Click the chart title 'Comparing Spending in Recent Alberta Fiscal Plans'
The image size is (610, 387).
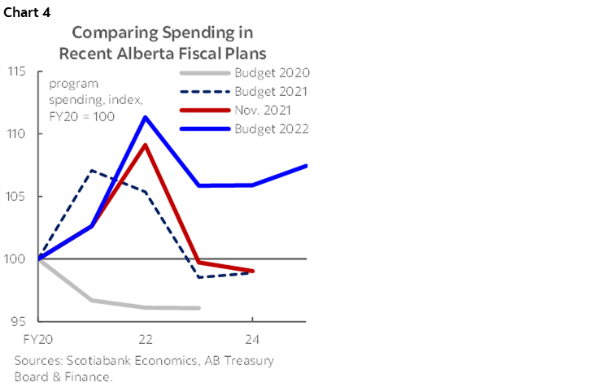coord(163,41)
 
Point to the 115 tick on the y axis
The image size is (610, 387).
coord(19,72)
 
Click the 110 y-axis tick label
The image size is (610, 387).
coord(19,134)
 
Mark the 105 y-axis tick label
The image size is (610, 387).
coord(19,197)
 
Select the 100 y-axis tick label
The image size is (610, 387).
coord(19,259)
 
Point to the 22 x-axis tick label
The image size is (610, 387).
coord(146,337)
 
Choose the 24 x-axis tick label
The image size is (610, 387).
coord(252,337)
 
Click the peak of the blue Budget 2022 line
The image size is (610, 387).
coord(146,117)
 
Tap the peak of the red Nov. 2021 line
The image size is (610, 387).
coord(146,145)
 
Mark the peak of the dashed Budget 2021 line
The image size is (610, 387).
coord(93,171)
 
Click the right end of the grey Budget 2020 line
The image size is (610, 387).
coord(199,308)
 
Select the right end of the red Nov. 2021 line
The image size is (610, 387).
coord(253,271)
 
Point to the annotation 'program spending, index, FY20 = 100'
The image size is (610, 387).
coord(85,100)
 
